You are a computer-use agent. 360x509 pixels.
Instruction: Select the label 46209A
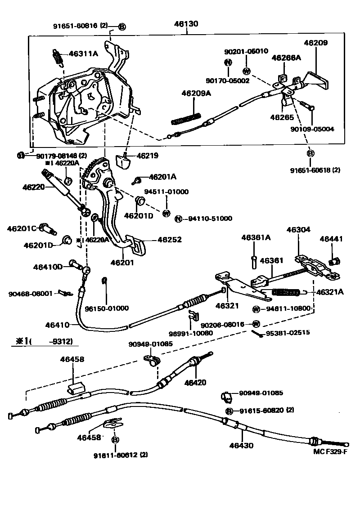(x=196, y=94)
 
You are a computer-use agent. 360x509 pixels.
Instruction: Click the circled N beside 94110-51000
(x=179, y=219)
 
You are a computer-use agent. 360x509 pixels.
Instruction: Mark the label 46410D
(x=48, y=267)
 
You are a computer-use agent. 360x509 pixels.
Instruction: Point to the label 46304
(x=298, y=229)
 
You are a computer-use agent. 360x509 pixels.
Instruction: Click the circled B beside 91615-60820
(x=229, y=411)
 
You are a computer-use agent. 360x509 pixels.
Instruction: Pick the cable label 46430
(x=241, y=446)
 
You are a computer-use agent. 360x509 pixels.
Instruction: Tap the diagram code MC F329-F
(x=330, y=452)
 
